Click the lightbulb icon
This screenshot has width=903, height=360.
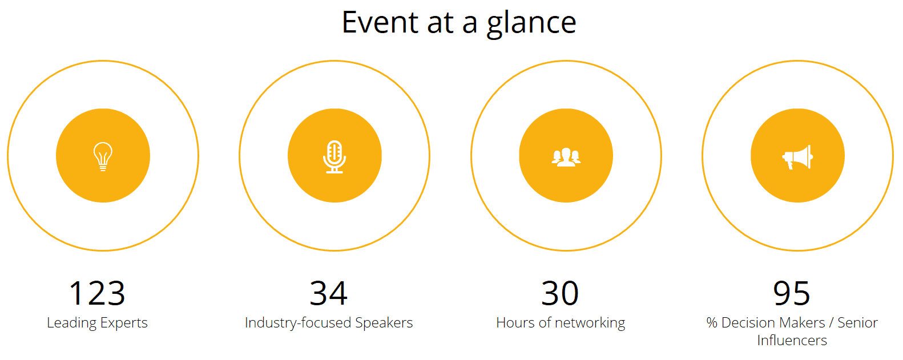(x=103, y=156)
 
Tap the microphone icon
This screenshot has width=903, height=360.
(x=334, y=156)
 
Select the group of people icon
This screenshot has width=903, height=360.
(x=566, y=157)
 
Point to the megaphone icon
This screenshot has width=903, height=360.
(x=798, y=157)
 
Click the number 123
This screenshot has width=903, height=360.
(x=97, y=293)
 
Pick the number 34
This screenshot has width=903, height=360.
(x=329, y=293)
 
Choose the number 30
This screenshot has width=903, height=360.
(x=560, y=293)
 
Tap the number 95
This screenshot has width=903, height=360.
(x=792, y=293)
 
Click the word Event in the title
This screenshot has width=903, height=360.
(x=380, y=22)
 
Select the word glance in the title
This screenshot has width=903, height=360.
(x=531, y=24)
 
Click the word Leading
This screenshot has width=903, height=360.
(x=71, y=323)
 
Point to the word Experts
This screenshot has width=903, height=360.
(x=124, y=323)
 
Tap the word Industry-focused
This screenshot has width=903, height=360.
(x=298, y=323)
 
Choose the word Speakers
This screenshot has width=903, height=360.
(x=384, y=322)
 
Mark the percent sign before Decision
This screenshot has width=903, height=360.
(x=712, y=322)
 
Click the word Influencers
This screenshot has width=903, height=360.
(x=792, y=340)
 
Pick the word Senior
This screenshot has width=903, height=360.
(x=857, y=322)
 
